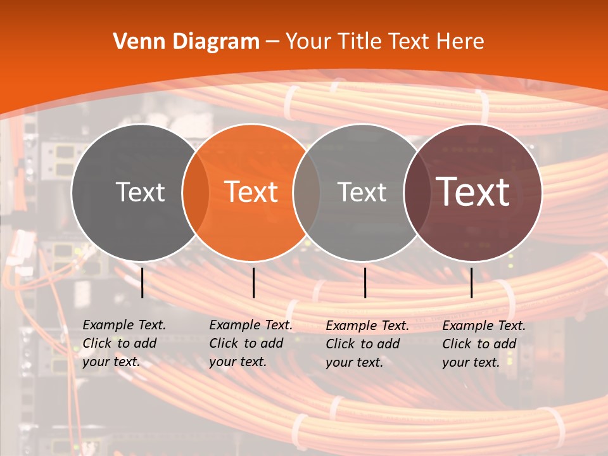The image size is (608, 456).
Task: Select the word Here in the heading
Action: click(460, 42)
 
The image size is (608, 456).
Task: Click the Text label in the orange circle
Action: click(251, 192)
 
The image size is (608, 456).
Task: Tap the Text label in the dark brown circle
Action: click(473, 192)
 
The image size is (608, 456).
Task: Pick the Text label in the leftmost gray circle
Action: click(141, 192)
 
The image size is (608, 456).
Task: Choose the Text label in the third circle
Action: click(362, 192)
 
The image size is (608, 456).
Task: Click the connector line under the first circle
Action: click(142, 282)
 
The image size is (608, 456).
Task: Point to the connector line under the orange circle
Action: click(253, 282)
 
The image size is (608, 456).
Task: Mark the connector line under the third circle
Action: click(365, 282)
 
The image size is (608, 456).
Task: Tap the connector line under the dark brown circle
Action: click(472, 282)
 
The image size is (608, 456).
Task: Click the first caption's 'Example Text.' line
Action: click(124, 325)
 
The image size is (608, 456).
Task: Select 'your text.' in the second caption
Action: click(237, 362)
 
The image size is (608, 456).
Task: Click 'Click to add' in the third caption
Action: click(363, 344)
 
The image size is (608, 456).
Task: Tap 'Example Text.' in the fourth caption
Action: click(484, 326)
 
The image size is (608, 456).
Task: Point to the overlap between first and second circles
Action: click(196, 192)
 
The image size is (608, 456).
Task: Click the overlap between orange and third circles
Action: click(307, 192)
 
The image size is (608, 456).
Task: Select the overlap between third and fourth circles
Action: click(417, 192)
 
